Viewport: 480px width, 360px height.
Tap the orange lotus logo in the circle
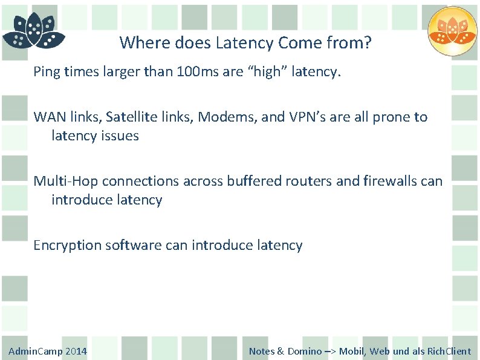coord(452,31)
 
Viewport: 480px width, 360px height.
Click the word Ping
coord(47,73)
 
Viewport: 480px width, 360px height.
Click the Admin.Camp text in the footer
coord(35,352)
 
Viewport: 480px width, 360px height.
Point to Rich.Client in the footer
coord(449,352)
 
